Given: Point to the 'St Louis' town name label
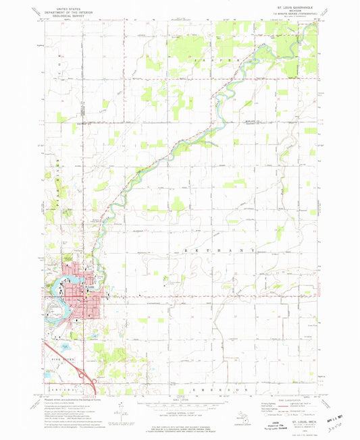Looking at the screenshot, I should pyautogui.click(x=90, y=286).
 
